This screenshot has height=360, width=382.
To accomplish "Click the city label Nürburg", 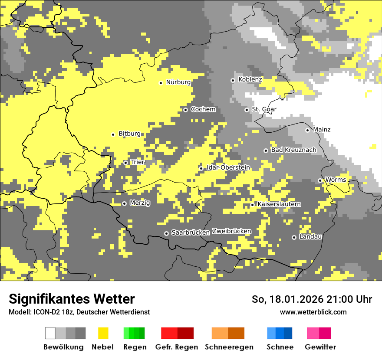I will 178,82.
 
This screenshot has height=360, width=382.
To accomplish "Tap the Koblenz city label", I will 250,79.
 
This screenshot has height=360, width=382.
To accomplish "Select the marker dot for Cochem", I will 185,110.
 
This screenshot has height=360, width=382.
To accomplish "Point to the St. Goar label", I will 264,109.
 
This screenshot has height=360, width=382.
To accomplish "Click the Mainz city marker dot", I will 307,130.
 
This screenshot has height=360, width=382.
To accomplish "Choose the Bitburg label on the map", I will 129,134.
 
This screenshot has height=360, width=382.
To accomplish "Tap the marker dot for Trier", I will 126,163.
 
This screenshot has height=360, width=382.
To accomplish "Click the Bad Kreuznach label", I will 293,150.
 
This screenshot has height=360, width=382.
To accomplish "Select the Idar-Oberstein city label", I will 228,167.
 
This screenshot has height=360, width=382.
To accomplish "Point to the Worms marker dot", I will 320,180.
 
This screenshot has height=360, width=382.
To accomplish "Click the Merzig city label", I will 140,203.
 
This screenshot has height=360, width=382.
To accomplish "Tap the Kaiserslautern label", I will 279,204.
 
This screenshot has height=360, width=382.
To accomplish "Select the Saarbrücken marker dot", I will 166,234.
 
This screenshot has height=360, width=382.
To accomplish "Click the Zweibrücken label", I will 231,231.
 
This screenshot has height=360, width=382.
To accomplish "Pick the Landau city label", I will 310,237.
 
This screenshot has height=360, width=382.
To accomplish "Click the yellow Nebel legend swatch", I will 103,333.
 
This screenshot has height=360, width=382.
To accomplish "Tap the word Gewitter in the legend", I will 320,347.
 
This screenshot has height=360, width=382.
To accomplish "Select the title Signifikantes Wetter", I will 72,299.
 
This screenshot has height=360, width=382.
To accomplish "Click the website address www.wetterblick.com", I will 313,312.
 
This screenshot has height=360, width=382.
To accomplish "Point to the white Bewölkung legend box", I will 50,333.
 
